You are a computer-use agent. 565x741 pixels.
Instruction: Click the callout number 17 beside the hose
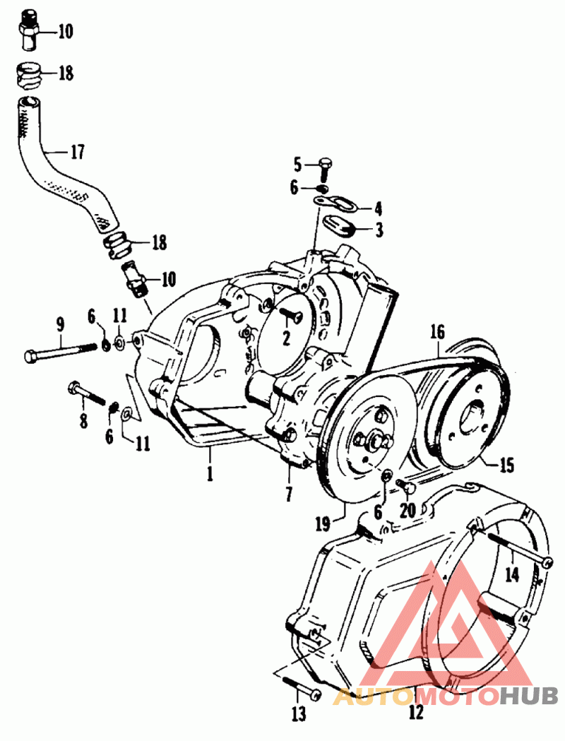[x=78, y=152]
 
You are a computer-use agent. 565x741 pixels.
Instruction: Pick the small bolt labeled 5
[x=325, y=170]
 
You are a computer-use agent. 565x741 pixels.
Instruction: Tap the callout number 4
[x=378, y=209]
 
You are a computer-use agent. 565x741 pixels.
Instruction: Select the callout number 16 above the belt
[x=437, y=332]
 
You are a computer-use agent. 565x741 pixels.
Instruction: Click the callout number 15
[x=506, y=466]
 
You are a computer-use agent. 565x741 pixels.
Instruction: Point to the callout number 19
[x=324, y=524]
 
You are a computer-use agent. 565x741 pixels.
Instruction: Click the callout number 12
[x=416, y=712]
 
